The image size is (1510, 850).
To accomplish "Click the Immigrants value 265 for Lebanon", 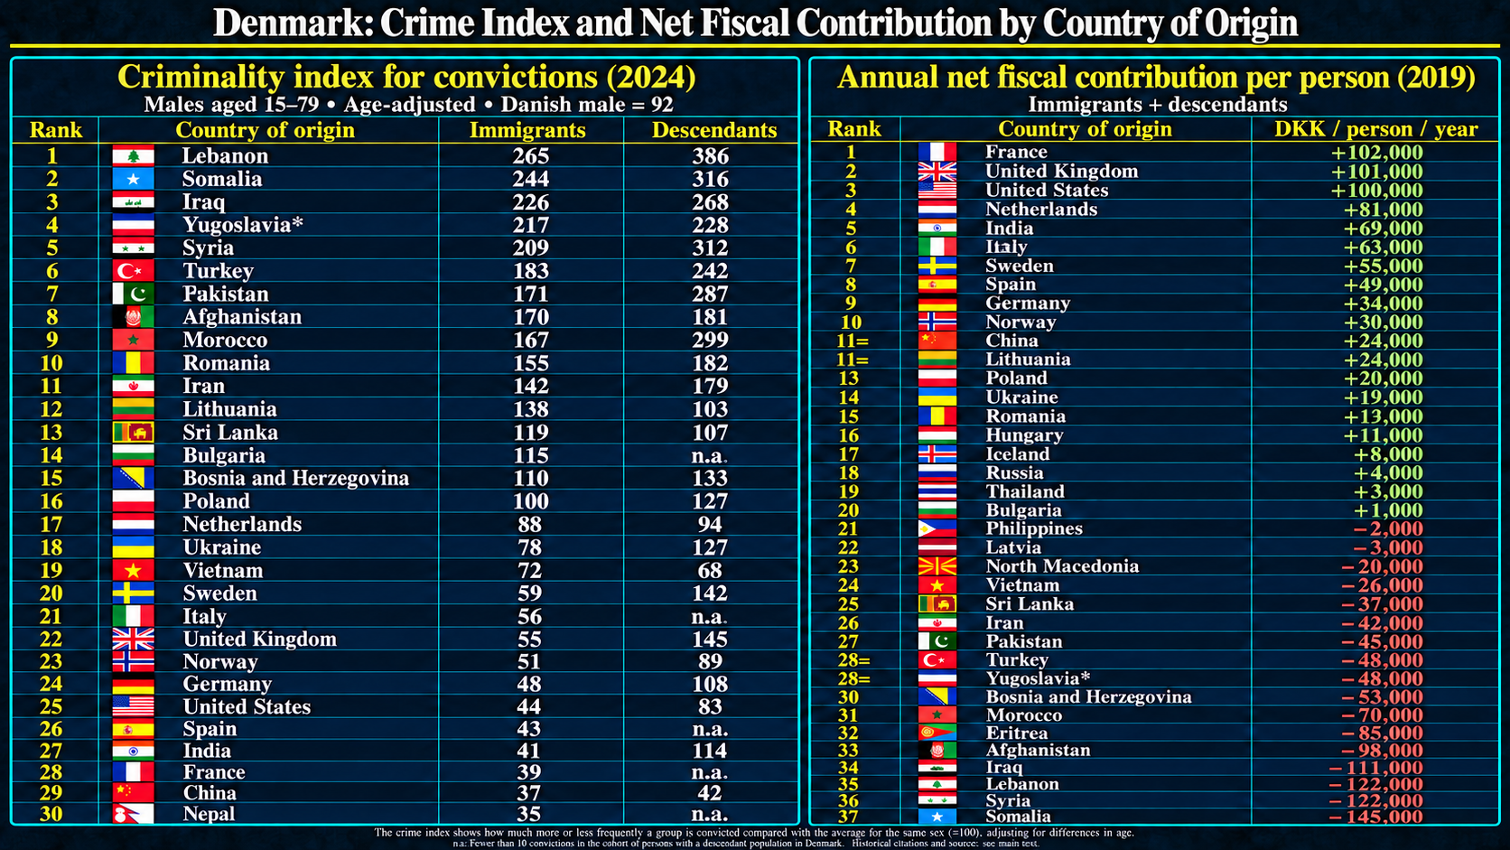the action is [530, 156].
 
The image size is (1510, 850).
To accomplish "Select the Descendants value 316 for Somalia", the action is [711, 179].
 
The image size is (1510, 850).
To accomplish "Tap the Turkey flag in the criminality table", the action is [133, 271].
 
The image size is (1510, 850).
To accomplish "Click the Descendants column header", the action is [713, 130].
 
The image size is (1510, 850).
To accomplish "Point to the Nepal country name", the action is [209, 814].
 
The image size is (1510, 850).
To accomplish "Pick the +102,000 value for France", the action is [1376, 153].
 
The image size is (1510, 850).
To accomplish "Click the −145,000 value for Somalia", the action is [1375, 817].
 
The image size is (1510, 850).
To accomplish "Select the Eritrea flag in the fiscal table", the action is [937, 733].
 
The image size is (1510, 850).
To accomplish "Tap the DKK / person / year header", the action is [1375, 129].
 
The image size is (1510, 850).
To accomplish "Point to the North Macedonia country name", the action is [1062, 566].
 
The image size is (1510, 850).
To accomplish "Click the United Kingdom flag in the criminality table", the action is [133, 639].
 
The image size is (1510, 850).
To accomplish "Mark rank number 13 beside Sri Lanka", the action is [51, 433].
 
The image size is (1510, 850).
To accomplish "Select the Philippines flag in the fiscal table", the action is [937, 528].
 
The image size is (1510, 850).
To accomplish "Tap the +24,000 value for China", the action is [1383, 341].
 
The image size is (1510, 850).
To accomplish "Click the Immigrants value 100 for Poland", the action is [530, 501].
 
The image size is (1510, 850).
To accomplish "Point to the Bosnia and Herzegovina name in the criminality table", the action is [296, 479].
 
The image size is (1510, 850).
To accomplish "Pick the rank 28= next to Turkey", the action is [853, 660].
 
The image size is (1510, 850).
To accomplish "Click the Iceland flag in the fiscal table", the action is [937, 454].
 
